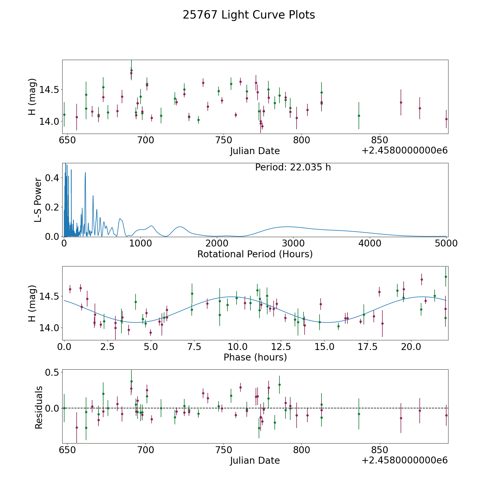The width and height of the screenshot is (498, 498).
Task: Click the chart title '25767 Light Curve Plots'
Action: (x=249, y=15)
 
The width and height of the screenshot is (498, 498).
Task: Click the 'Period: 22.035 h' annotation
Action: (x=293, y=167)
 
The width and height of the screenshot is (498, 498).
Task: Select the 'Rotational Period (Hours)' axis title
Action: (x=255, y=254)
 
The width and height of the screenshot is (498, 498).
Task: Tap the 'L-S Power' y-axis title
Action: (x=38, y=200)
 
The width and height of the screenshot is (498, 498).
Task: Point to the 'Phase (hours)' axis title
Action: (x=255, y=357)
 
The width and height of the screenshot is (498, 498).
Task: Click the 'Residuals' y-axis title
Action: (x=39, y=407)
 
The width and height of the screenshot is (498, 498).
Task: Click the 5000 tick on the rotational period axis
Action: (x=446, y=243)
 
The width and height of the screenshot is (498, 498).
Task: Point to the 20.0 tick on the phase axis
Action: (x=411, y=347)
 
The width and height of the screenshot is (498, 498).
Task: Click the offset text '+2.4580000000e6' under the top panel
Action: (x=404, y=151)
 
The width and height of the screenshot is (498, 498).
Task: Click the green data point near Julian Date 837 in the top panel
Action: (x=359, y=116)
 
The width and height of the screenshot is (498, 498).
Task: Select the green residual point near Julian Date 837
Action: (x=359, y=414)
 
